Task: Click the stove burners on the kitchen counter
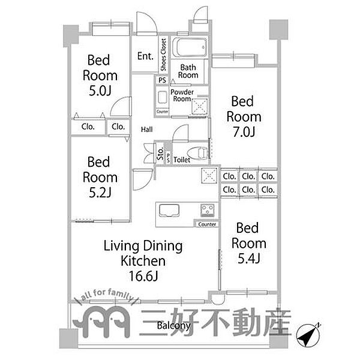click(209, 211)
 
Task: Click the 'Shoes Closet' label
click(163, 55)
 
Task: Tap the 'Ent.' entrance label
click(145, 56)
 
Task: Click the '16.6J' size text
click(143, 277)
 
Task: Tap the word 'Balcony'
click(174, 326)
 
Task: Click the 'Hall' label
click(147, 129)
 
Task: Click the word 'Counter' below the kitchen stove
click(206, 224)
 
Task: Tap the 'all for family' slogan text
click(106, 298)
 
